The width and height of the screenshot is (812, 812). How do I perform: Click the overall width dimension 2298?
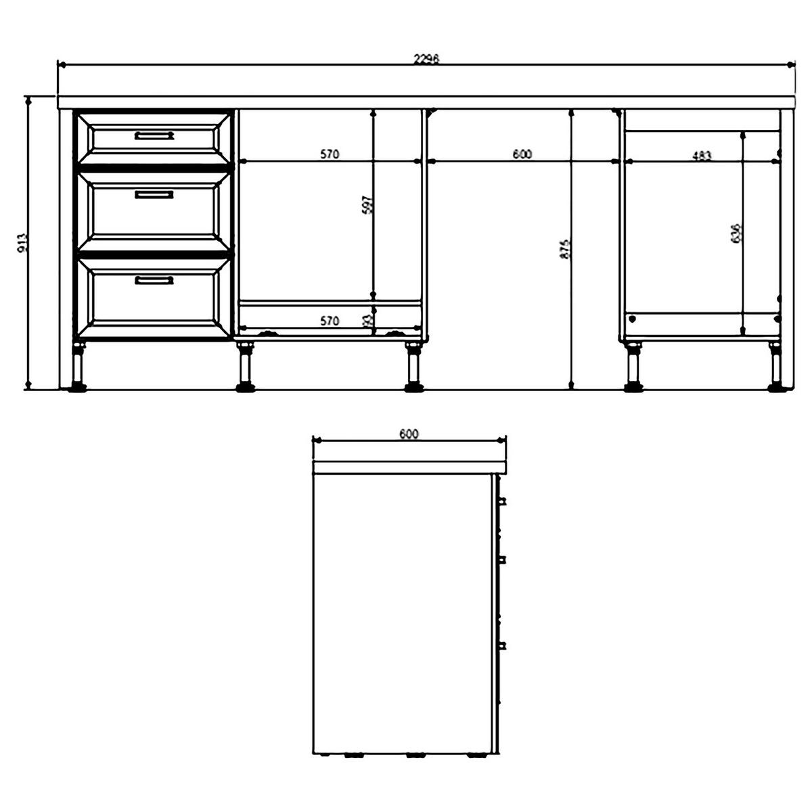426,59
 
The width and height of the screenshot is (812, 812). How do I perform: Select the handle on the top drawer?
154,135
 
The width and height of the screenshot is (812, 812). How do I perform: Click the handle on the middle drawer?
154,194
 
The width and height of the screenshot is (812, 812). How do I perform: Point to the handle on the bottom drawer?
154,280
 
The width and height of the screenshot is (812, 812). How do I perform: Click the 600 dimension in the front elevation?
522,154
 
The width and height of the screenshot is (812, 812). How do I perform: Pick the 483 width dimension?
702,156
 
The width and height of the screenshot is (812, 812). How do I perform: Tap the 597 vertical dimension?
367,205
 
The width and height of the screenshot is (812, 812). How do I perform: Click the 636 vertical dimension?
737,233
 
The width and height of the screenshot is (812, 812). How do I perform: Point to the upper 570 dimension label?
329,154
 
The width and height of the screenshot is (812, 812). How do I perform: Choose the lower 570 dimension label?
329,321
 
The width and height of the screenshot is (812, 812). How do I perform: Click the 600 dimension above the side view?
409,434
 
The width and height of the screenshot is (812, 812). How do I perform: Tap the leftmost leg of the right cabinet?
634,369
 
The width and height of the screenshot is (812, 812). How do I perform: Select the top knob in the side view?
502,501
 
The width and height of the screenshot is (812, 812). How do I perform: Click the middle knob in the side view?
502,559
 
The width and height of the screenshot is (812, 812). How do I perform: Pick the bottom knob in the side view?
502,645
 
